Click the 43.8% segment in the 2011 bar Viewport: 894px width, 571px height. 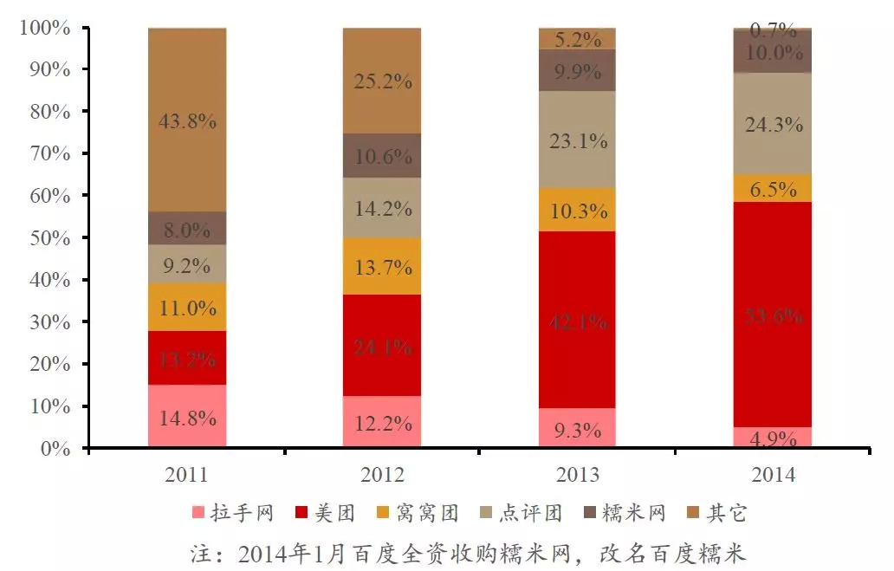pyautogui.click(x=187, y=120)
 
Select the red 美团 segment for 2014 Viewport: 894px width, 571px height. pyautogui.click(x=772, y=315)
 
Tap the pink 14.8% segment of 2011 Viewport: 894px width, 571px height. pyautogui.click(x=187, y=417)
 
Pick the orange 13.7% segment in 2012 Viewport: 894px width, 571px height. pyautogui.click(x=382, y=267)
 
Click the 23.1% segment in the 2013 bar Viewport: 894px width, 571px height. pyautogui.click(x=577, y=140)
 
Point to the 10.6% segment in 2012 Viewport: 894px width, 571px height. pyautogui.click(x=382, y=156)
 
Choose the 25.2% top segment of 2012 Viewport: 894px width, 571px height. pyautogui.click(x=382, y=81)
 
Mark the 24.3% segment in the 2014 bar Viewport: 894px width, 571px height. pyautogui.click(x=772, y=124)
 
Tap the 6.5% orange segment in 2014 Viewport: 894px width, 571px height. pyautogui.click(x=772, y=189)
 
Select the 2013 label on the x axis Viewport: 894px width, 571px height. pyautogui.click(x=577, y=475)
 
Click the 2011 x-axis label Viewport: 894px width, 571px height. pyautogui.click(x=187, y=475)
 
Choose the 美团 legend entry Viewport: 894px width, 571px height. pyautogui.click(x=325, y=514)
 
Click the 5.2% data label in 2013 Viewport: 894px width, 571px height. pyautogui.click(x=577, y=39)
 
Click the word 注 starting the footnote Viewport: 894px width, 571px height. pyautogui.click(x=200, y=552)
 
